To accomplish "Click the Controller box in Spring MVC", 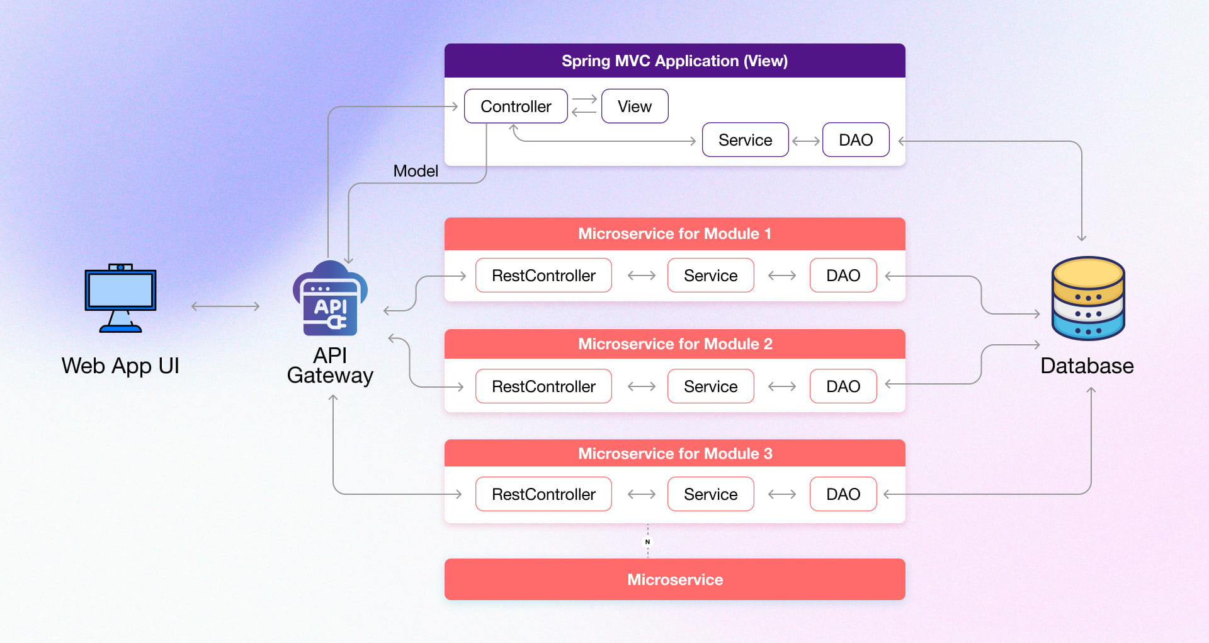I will (516, 107).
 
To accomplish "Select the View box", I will (634, 107).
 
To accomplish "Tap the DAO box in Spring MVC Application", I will (855, 140).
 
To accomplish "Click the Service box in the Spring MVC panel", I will (745, 140).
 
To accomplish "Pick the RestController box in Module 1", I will (543, 275).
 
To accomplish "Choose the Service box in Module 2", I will (710, 386).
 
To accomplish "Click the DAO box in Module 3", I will (843, 494).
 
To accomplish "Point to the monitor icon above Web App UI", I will (120, 298).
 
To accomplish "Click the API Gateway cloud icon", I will (330, 299).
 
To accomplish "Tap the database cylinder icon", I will (1087, 298).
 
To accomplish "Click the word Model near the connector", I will (416, 171).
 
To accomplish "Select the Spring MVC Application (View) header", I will (674, 61).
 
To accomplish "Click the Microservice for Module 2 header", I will (674, 344).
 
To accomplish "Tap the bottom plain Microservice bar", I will (674, 579).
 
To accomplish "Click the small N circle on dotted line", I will (647, 542).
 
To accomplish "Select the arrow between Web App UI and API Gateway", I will (225, 306).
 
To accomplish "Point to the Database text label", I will (1087, 366).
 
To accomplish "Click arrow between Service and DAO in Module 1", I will (782, 275).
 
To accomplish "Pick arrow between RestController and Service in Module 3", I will (642, 494).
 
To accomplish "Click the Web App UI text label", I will (120, 366).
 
